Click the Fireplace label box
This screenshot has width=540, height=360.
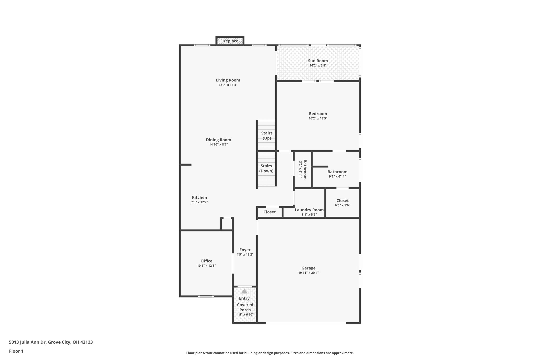(229, 41)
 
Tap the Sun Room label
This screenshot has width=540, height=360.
(318, 61)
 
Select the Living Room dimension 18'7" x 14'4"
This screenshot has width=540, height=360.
(228, 85)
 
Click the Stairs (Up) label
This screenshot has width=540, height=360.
(267, 136)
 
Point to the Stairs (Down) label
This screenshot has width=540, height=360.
(266, 168)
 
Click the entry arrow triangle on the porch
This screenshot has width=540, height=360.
(244, 291)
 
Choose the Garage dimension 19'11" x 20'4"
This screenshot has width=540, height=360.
(308, 273)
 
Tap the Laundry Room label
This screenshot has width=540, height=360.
(309, 210)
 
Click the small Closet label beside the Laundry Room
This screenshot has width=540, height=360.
(269, 212)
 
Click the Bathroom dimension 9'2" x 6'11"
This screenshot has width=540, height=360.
(337, 177)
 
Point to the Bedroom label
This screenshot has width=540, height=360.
(318, 114)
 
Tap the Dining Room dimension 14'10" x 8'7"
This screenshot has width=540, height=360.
(219, 145)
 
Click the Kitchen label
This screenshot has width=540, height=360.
(199, 198)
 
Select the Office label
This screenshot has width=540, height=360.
(206, 261)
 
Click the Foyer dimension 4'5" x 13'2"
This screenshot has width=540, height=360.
(245, 255)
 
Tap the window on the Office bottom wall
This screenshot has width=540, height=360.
(206, 296)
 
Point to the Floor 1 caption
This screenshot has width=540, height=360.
(16, 351)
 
